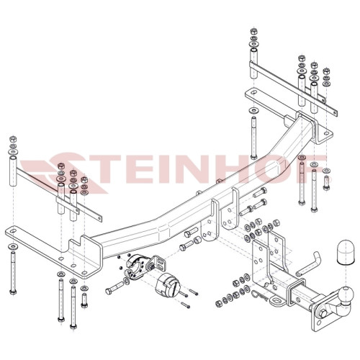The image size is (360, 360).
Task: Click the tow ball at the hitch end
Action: (x=346, y=294)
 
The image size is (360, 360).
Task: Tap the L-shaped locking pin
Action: (x=308, y=264)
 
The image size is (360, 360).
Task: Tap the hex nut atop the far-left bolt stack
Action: (x=12, y=139)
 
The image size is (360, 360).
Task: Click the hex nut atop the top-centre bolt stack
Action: (x=253, y=31)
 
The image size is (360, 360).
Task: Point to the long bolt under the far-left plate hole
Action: (x=13, y=273)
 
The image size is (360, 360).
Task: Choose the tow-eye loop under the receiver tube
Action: (x=276, y=300)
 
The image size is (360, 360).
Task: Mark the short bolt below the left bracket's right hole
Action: (x=84, y=300)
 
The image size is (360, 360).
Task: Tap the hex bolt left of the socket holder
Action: (x=114, y=288)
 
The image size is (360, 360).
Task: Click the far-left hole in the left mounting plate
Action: (x=13, y=231)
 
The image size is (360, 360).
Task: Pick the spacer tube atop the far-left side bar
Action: (x=14, y=171)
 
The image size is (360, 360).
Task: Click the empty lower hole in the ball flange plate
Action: (x=318, y=323)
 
